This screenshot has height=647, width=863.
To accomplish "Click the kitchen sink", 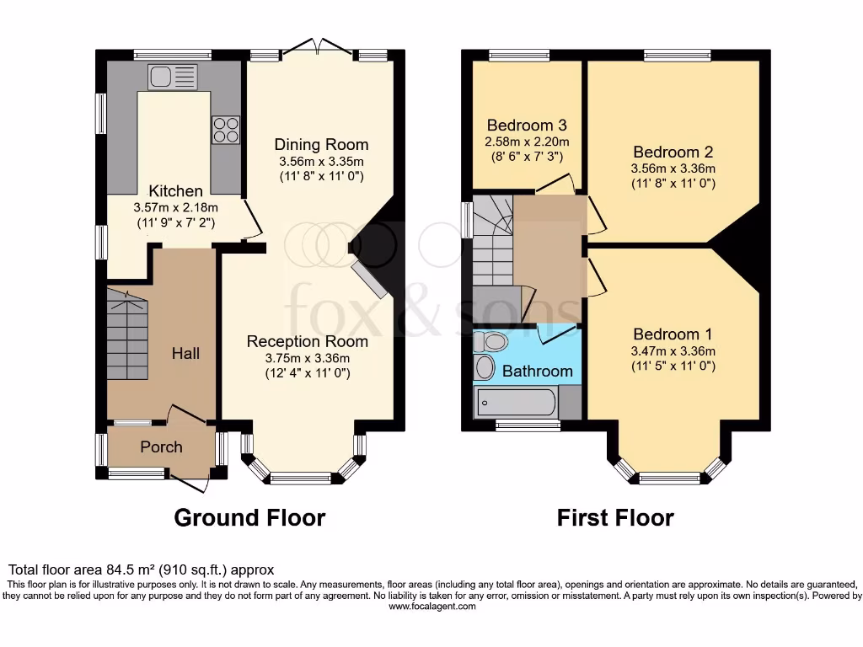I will (172, 77).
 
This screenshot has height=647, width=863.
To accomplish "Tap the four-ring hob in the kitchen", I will (226, 129).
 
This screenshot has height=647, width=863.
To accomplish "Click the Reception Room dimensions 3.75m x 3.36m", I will (307, 357).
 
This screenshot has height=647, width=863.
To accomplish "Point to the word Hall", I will (185, 353).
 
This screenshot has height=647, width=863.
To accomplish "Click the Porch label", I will (161, 446).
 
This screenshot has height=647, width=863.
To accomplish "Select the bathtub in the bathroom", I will (516, 402).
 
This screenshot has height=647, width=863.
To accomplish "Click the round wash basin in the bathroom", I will (485, 367).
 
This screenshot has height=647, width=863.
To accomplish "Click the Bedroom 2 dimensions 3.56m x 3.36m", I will (673, 168).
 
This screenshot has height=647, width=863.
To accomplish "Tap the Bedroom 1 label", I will (666, 334).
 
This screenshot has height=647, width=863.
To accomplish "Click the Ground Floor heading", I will (249, 517).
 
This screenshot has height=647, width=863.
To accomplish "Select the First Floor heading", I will (615, 517).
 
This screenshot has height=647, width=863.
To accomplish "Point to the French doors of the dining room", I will (319, 48).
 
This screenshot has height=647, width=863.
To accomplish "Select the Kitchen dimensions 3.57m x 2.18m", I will (174, 208).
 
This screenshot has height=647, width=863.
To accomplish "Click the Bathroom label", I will (537, 371).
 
